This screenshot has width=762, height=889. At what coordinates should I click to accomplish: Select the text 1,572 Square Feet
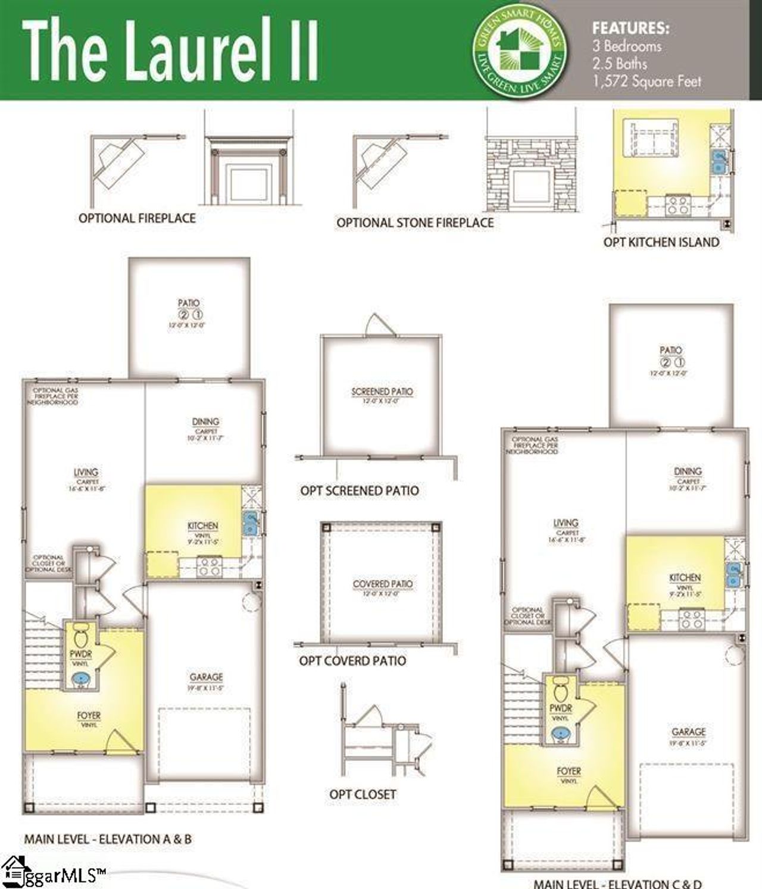point(647,82)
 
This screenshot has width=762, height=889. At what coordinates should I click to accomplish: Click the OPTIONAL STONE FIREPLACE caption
point(415,223)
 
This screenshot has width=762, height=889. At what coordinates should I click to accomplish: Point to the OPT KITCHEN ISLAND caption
point(661,242)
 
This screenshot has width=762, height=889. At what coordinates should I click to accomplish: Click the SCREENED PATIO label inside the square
point(382,392)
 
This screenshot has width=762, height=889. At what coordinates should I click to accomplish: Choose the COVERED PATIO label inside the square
point(382,584)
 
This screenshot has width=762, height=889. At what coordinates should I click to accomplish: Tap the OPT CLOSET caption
point(362,794)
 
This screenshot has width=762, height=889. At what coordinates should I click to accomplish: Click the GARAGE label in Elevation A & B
point(206,677)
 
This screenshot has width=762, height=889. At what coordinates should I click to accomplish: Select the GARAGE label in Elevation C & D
point(688,732)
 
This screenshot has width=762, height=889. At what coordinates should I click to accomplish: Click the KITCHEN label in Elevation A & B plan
point(202,526)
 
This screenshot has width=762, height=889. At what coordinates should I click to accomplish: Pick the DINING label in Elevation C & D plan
point(688,471)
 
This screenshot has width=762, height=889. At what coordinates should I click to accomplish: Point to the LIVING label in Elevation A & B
point(86,472)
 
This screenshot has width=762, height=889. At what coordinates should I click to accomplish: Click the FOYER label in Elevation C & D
point(569,771)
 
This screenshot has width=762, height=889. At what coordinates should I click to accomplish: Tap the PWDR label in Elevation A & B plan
point(80,655)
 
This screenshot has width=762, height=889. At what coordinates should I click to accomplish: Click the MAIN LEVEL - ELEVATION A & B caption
point(108,840)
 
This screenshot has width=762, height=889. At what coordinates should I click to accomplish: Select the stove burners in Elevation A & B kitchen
point(208,566)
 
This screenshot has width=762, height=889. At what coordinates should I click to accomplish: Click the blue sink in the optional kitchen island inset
point(719,161)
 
